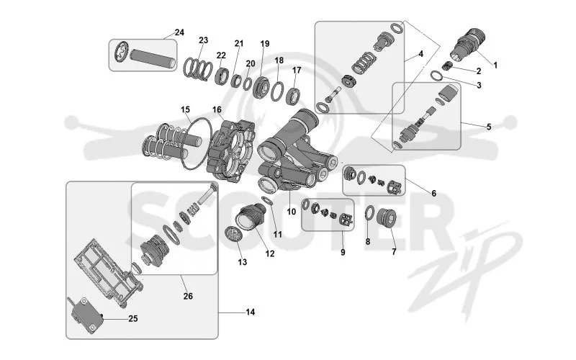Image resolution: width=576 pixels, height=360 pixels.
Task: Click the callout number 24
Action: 179,32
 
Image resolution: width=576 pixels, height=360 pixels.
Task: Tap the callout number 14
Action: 250,312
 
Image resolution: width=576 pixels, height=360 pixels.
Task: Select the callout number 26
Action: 188,296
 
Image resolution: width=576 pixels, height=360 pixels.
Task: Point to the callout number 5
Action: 489,127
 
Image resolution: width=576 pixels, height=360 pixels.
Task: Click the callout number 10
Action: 292,212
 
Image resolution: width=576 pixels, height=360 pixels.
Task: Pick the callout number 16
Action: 217,109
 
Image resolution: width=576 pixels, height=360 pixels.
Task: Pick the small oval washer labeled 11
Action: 267,201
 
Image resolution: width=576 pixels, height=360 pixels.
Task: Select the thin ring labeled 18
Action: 277,91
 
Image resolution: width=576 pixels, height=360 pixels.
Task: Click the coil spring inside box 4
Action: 364,63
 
